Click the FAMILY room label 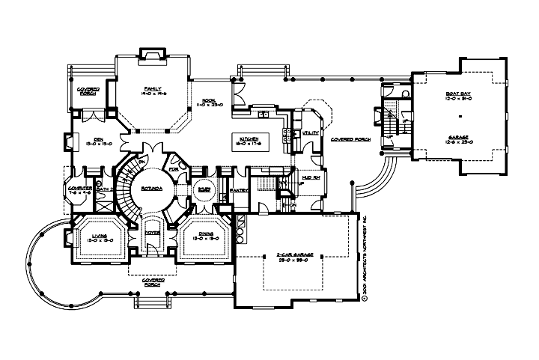tap(153, 88)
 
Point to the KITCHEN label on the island tap(249, 139)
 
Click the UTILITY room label tap(311, 132)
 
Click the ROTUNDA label tap(154, 189)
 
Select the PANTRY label tap(239, 191)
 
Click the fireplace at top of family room tap(153, 54)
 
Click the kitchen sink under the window tap(264, 115)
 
